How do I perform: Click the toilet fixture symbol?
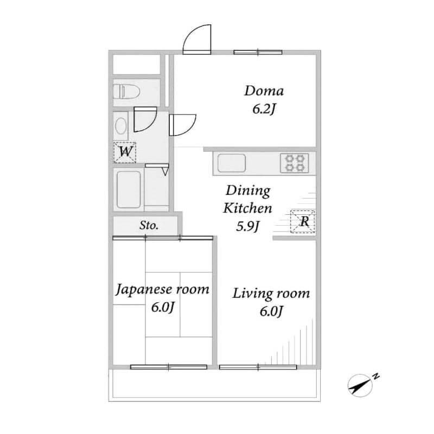pyautogui.click(x=126, y=91)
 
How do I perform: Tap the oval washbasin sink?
pyautogui.click(x=120, y=126)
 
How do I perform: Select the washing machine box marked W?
pyautogui.click(x=125, y=152)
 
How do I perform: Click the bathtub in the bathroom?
pyautogui.click(x=129, y=189)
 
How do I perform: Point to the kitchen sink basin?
pyautogui.click(x=232, y=163)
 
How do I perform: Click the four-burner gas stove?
pyautogui.click(x=295, y=163)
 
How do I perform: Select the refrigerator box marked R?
pyautogui.click(x=303, y=221)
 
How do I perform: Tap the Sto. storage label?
pyautogui.click(x=149, y=225)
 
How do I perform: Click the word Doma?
pyautogui.click(x=264, y=91)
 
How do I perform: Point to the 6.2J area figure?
pyautogui.click(x=264, y=110)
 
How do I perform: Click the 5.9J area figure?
pyautogui.click(x=248, y=227)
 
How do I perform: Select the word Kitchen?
pyautogui.click(x=248, y=208)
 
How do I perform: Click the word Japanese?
pyautogui.click(x=143, y=290)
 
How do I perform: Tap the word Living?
pyautogui.click(x=252, y=294)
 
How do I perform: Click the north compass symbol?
pyautogui.click(x=360, y=386)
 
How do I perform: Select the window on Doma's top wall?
pyautogui.click(x=258, y=52)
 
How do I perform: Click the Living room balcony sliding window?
pyautogui.click(x=258, y=367)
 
